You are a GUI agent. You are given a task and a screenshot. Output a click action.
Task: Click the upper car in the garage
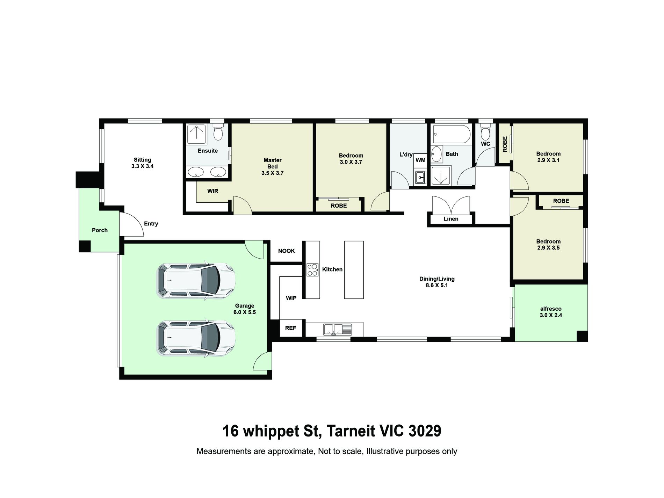point(196,281)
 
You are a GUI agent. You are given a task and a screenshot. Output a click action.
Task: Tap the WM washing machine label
point(420,160)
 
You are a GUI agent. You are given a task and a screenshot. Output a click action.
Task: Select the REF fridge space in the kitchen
point(290,328)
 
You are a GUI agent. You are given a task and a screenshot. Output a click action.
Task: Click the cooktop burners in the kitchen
point(312,269)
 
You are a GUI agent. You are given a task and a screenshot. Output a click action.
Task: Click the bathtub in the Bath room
point(452,134)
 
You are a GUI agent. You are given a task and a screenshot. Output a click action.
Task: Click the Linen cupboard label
point(451,219)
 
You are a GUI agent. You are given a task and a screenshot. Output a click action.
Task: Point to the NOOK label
point(287,251)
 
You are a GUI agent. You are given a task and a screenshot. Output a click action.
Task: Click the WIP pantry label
point(291,298)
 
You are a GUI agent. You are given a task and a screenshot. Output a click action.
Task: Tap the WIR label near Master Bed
point(213,191)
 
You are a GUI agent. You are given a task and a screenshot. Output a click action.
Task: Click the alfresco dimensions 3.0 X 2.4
point(551,315)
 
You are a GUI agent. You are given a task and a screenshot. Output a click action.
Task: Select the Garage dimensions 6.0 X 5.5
point(245,312)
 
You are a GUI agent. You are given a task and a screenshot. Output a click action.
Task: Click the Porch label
point(100,230)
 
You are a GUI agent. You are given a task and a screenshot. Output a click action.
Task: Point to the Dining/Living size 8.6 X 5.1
point(437,285)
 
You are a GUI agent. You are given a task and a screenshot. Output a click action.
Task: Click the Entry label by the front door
point(151,224)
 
